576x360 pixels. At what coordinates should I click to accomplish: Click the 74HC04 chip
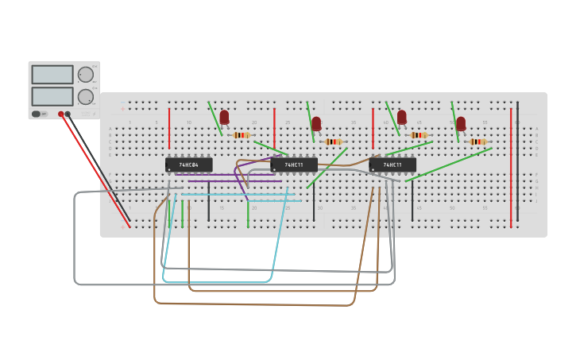[189, 165]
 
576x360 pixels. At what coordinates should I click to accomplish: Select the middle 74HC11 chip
[294, 165]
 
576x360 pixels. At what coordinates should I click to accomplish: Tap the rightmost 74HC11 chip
[392, 165]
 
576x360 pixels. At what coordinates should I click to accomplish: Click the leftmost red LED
[224, 117]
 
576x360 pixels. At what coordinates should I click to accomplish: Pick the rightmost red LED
[461, 123]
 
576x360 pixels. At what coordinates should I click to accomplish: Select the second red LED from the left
[316, 123]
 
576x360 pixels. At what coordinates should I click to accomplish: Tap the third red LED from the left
[402, 117]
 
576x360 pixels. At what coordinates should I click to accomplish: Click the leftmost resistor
[241, 135]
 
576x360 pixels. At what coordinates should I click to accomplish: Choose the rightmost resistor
[477, 141]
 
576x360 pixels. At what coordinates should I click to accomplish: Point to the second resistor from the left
[333, 141]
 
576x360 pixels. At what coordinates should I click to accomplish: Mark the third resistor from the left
[419, 135]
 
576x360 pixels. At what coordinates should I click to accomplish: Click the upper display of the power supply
[52, 75]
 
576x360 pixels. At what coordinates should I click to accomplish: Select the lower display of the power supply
[52, 96]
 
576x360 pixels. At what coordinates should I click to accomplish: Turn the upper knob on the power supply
[85, 75]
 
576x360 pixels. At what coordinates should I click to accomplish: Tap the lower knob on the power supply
[85, 97]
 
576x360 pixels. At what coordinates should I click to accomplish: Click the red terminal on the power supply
[60, 114]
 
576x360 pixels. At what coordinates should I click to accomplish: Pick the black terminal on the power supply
[68, 114]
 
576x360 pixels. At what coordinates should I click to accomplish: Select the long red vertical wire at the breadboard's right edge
[511, 167]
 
